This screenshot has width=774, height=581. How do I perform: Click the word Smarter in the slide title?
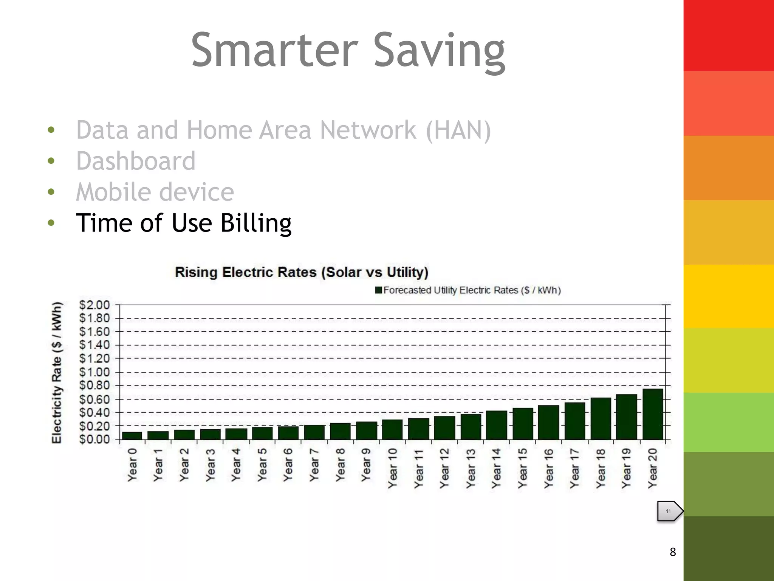click(x=274, y=50)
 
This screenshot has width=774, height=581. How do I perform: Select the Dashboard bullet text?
click(x=136, y=161)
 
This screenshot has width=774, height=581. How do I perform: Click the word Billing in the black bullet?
click(x=256, y=223)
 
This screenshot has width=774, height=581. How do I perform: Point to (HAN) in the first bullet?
click(x=458, y=130)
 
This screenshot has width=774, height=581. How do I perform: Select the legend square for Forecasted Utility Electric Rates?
click(x=379, y=290)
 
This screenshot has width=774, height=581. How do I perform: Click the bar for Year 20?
click(x=653, y=414)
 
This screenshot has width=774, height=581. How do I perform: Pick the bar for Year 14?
click(x=496, y=425)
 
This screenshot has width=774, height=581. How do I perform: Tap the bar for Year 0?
click(x=132, y=435)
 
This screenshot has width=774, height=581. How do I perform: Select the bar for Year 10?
click(x=392, y=429)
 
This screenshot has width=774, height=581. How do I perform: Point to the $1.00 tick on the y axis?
click(x=94, y=372)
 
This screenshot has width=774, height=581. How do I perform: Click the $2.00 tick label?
click(x=94, y=305)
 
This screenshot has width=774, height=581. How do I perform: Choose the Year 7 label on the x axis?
click(x=314, y=465)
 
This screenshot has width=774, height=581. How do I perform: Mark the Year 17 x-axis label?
click(x=574, y=468)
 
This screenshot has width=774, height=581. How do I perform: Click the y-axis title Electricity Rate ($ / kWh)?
click(x=57, y=372)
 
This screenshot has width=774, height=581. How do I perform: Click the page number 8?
click(x=673, y=552)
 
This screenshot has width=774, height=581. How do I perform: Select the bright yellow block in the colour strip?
click(x=729, y=296)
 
